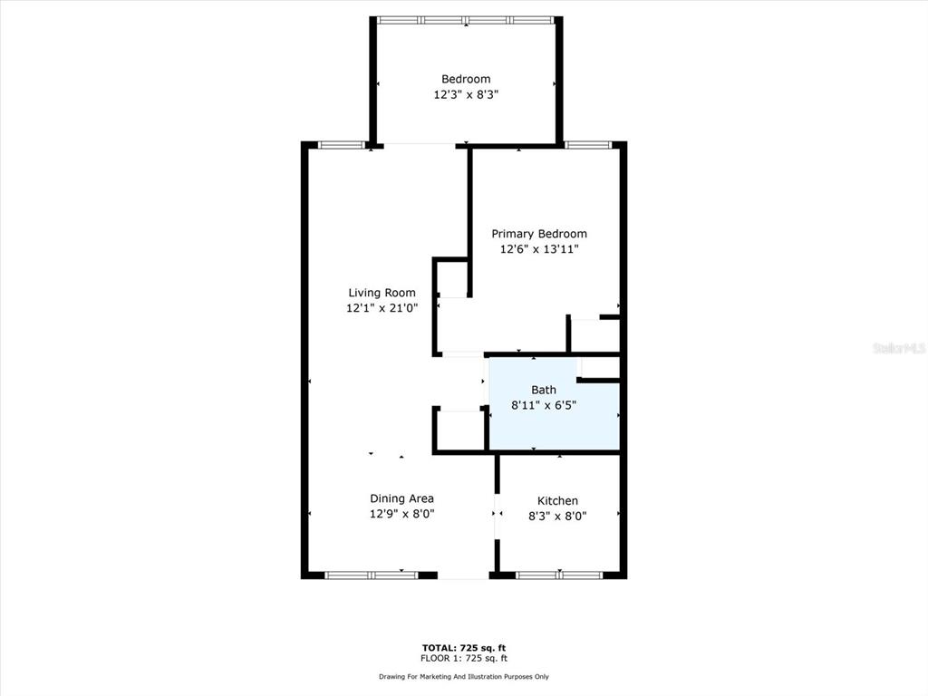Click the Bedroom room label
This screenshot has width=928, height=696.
coord(466,80)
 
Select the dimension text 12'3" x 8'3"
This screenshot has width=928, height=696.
coord(466,94)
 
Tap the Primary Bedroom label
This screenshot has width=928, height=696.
coord(539,234)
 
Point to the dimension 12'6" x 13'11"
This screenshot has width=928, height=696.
coord(539,249)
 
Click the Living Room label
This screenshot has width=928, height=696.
coord(382,293)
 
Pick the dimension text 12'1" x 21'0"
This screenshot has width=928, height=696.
coord(382,308)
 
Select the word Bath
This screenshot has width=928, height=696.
coord(544,390)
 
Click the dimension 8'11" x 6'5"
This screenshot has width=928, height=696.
coord(544,405)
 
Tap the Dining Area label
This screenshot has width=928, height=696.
coord(401,499)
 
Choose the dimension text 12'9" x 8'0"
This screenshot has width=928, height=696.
coord(401,514)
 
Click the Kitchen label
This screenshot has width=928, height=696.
coord(557,500)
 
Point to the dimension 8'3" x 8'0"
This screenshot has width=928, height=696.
coord(557,516)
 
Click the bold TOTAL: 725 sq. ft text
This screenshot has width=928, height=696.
coord(464,648)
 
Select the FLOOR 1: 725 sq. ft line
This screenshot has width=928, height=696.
coord(464,658)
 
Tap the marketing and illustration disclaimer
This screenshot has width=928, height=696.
coord(464,676)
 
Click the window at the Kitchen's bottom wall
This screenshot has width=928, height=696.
coord(559,575)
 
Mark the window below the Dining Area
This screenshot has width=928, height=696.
coord(372,575)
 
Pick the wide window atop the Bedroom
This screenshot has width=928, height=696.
coord(466,20)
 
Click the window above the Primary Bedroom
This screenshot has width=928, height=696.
coord(587,145)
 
